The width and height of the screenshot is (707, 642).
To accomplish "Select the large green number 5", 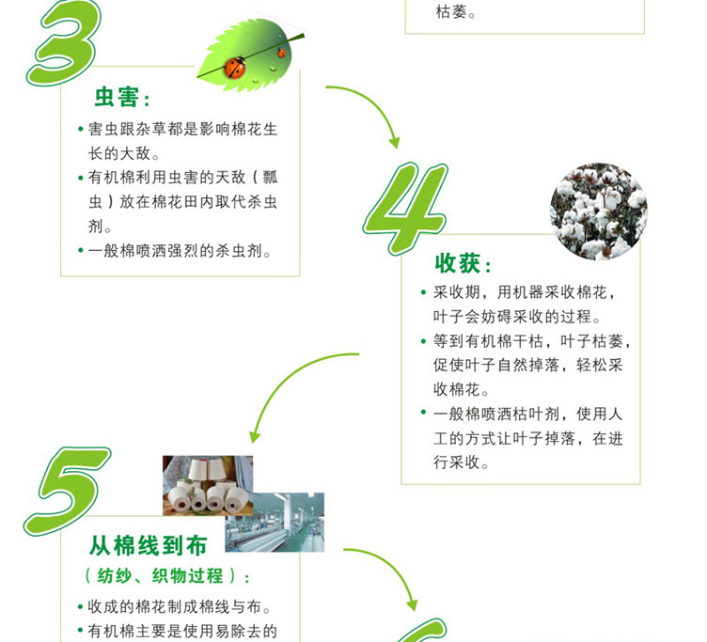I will tap(68, 489).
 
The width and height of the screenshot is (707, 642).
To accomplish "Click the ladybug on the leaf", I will tap(235, 67).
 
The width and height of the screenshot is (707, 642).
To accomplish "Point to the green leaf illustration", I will tap(249, 53).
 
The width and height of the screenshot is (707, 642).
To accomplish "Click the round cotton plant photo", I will tap(598, 211).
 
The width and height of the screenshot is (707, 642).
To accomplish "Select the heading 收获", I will tap(463, 264).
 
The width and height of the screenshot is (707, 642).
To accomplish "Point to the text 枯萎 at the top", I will tap(456, 12).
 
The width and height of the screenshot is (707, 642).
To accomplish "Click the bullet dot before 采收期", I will tap(423, 293).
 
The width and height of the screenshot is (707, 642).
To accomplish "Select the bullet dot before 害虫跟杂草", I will tap(80, 130).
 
